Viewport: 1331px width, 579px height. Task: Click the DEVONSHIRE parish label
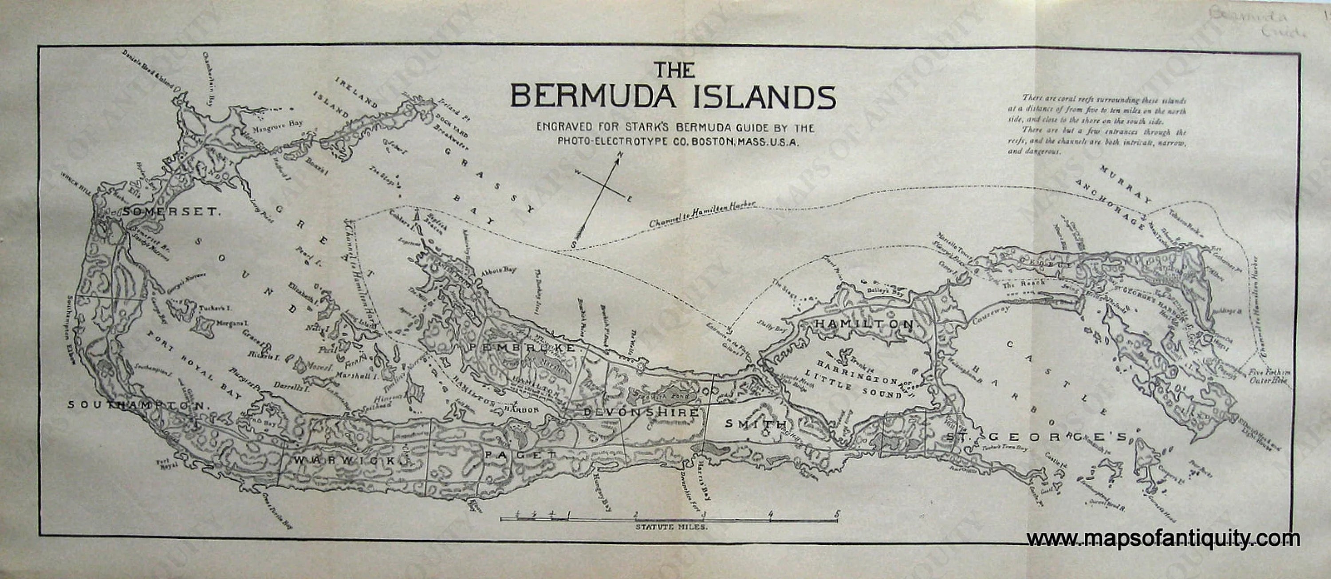click(x=641, y=413)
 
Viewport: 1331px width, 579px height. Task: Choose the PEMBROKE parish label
click(x=521, y=349)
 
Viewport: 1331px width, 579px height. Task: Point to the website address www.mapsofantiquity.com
click(x=1162, y=539)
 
